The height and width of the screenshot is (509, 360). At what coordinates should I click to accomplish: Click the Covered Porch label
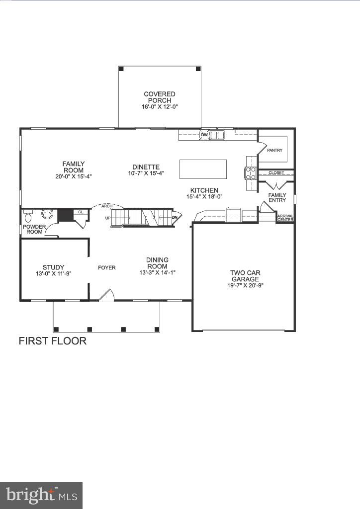click(x=159, y=97)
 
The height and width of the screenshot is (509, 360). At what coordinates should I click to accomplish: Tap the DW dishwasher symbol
click(x=204, y=135)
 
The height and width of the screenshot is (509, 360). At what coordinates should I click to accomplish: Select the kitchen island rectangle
click(x=203, y=169)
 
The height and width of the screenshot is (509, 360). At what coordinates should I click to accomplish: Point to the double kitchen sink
click(x=217, y=135)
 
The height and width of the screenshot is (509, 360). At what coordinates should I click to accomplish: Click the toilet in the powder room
click(x=28, y=217)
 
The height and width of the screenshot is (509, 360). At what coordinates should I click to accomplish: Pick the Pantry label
click(x=274, y=150)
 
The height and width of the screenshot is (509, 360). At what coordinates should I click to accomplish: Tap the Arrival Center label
click(x=285, y=217)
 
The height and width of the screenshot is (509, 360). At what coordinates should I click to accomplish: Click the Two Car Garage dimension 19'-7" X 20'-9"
click(x=245, y=285)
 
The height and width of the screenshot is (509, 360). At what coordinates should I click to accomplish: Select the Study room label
click(x=53, y=267)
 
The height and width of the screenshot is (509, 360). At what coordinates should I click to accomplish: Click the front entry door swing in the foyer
click(x=106, y=296)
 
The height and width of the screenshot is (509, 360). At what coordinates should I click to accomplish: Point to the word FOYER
click(x=106, y=268)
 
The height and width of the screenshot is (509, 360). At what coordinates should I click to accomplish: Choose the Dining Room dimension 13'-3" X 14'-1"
click(x=157, y=272)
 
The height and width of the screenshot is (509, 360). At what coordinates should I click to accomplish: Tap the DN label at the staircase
click(x=175, y=217)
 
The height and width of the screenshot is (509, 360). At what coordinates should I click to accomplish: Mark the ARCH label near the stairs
click(x=105, y=206)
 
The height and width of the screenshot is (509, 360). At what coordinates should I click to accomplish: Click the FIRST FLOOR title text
click(x=53, y=341)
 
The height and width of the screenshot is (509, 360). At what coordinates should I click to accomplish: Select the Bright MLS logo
click(x=41, y=495)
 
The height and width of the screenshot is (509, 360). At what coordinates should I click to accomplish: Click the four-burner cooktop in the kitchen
click(x=250, y=172)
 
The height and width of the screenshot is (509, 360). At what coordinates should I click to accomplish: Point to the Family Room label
click(x=74, y=167)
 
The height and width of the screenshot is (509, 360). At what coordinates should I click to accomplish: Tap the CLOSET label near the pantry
click(x=276, y=173)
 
